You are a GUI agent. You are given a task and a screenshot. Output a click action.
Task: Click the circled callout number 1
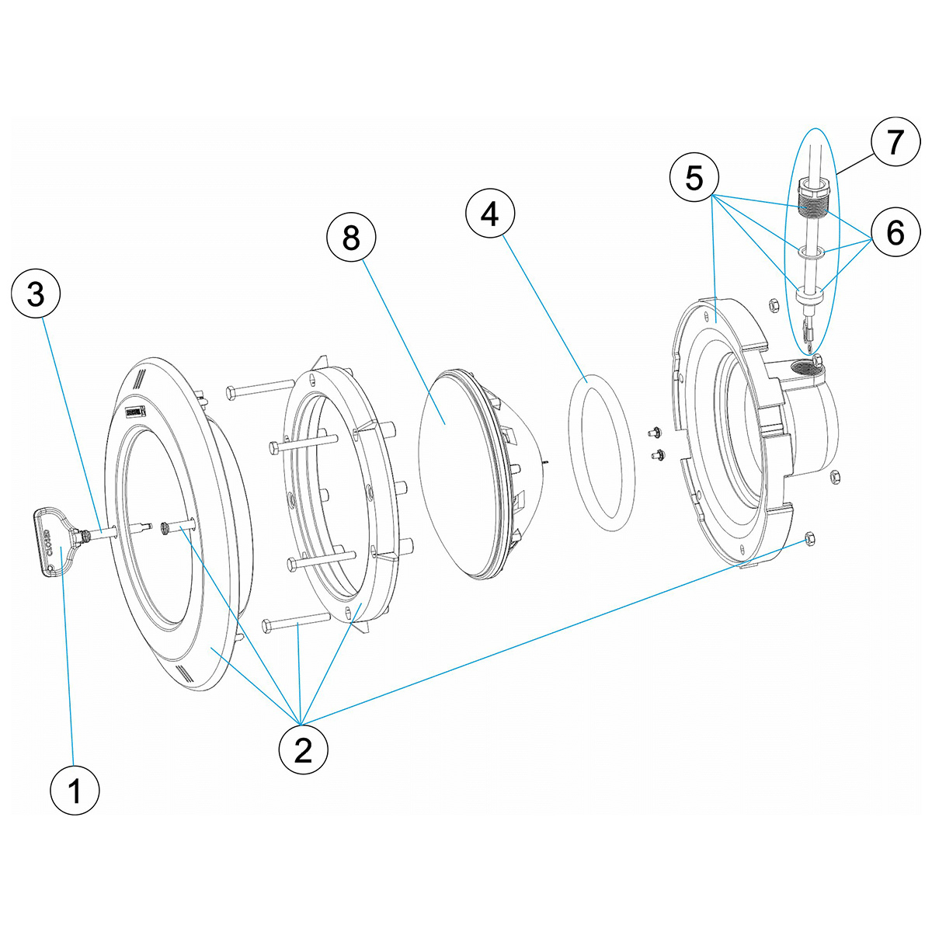[x=75, y=791]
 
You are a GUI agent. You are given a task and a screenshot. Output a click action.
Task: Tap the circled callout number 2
[x=303, y=749]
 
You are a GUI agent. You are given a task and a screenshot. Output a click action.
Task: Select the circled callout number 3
[x=37, y=295]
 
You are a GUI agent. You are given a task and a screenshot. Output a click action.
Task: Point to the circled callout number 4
[x=490, y=213]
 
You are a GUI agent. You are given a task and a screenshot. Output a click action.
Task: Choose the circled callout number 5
[x=694, y=178]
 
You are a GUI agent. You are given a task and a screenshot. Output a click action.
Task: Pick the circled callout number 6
[x=895, y=231]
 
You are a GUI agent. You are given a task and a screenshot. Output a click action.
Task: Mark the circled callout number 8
[x=351, y=238]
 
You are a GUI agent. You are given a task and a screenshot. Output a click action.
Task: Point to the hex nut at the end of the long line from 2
[x=810, y=537]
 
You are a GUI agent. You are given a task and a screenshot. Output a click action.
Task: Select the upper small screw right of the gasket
[x=655, y=431]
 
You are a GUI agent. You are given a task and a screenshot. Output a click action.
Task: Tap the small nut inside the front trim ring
[x=165, y=528]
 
